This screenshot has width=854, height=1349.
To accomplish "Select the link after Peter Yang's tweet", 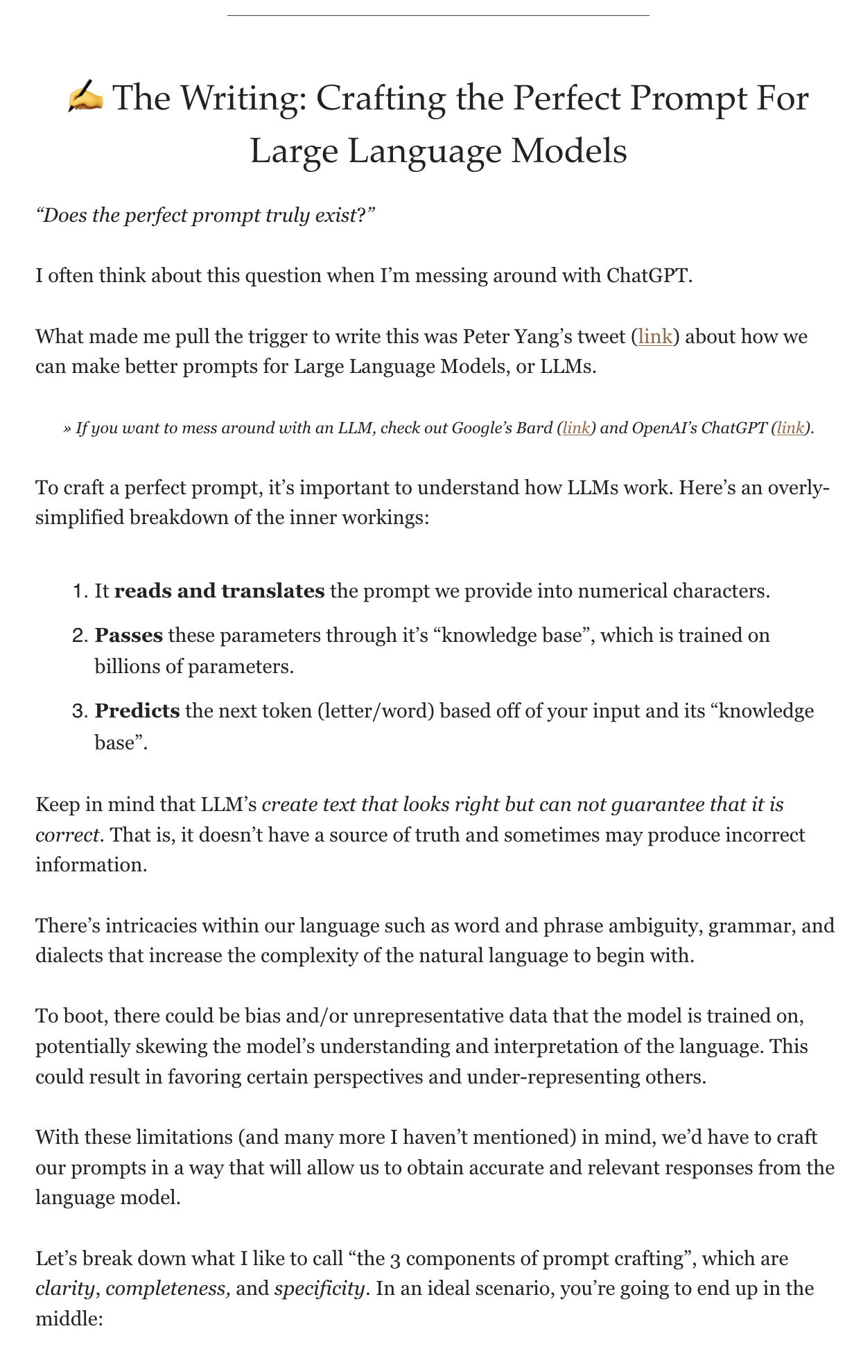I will (x=655, y=337).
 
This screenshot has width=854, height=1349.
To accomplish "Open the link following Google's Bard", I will (x=576, y=428).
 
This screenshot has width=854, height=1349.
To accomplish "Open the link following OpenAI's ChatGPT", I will (x=790, y=428).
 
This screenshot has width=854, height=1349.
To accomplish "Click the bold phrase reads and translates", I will (x=219, y=591).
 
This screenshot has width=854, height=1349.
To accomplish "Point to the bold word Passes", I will (x=129, y=636).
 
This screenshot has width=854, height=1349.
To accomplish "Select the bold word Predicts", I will (x=137, y=711).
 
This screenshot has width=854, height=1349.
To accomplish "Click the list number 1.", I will (x=79, y=592).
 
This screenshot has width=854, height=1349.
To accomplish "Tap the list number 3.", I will (x=79, y=712).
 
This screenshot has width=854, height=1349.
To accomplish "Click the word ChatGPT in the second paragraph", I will (x=648, y=276).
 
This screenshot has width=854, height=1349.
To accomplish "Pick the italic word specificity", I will (x=319, y=1289).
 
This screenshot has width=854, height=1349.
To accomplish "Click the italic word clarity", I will (x=64, y=1289).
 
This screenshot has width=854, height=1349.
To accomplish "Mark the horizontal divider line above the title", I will (x=438, y=15).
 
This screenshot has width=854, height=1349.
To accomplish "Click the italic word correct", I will (x=67, y=834).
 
